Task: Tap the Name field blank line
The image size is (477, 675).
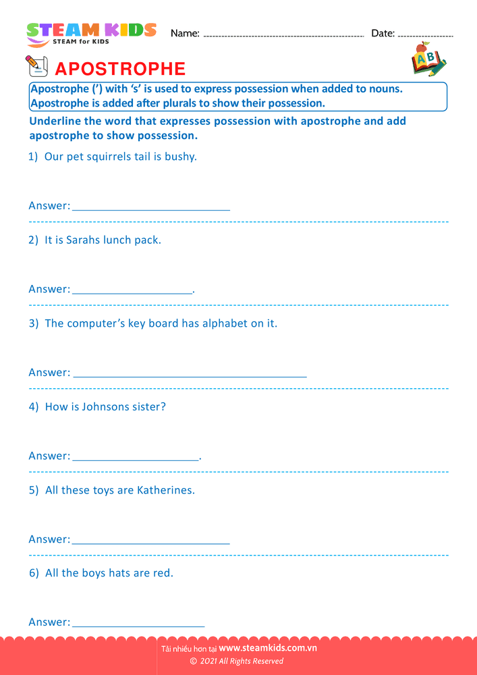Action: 283,34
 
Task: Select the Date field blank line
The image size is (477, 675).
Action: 426,34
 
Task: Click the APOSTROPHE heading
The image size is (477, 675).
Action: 119,69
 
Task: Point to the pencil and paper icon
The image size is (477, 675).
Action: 36,66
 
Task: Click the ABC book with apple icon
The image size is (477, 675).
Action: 428,59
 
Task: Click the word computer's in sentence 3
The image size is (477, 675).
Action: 101,323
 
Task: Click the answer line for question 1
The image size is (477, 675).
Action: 151,210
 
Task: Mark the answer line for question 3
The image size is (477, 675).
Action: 190,377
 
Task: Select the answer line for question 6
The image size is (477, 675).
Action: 138,626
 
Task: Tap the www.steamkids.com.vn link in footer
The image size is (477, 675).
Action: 268,648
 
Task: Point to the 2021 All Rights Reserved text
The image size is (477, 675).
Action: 241,661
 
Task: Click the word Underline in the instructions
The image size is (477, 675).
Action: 57,122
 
